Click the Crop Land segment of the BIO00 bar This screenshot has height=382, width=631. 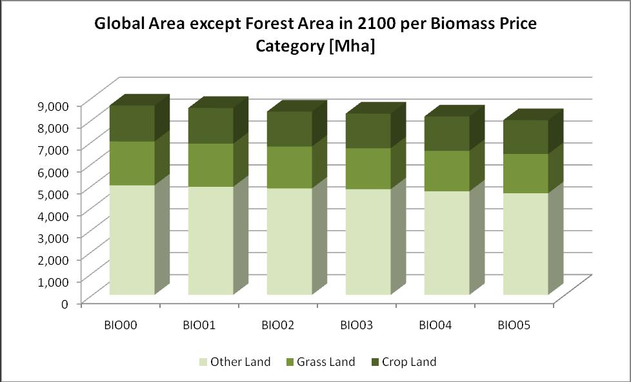click(x=132, y=123)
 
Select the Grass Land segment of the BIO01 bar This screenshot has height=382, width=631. click(x=210, y=165)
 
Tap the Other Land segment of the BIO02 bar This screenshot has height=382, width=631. click(x=289, y=241)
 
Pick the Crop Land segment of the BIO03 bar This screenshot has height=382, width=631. click(x=368, y=131)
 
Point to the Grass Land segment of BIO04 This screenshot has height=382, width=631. click(x=446, y=171)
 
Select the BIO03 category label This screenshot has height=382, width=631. click(x=356, y=325)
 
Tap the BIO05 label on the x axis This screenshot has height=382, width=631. click(x=514, y=325)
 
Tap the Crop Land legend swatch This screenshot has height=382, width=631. click(x=377, y=362)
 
